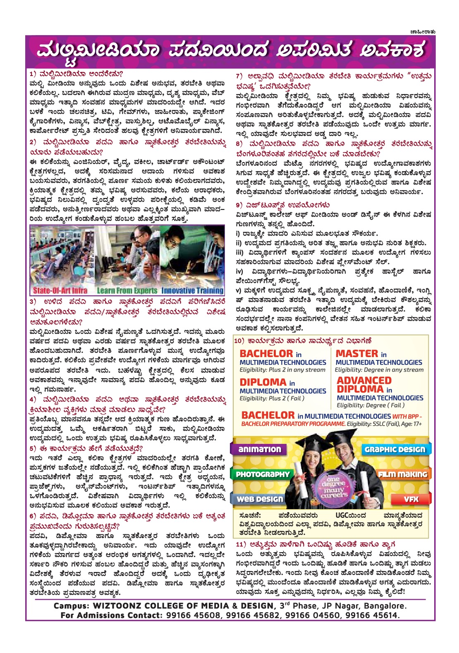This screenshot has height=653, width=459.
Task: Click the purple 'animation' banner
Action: coord(260,449)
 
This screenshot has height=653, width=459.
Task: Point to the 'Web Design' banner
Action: coord(259,499)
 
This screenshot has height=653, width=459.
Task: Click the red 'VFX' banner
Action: coord(411,499)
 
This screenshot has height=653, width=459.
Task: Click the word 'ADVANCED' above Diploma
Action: coord(364,380)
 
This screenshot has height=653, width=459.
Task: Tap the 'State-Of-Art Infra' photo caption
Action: coord(60,291)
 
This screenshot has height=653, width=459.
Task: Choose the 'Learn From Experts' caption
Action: coord(127,291)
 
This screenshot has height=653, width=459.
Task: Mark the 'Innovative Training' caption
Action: coord(192,291)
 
